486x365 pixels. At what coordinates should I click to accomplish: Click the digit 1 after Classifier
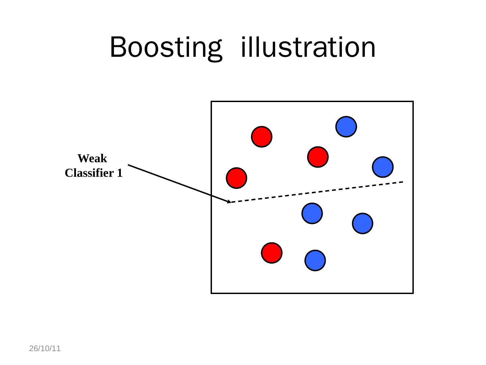coord(119,173)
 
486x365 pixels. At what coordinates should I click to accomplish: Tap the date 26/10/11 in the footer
coord(45,348)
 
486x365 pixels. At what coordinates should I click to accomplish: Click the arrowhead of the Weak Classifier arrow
coord(229,202)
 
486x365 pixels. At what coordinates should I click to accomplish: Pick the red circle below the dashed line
coord(272,253)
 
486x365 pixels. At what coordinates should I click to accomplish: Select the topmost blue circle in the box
coord(346,127)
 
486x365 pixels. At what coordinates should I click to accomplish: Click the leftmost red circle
coord(237,178)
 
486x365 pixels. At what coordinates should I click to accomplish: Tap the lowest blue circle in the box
coord(315,261)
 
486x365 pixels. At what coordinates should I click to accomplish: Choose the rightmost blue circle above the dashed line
coord(383,167)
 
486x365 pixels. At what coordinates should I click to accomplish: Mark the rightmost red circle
coord(318,157)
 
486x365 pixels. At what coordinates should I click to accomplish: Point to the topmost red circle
coord(262,137)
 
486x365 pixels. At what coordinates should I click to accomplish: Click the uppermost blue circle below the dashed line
coord(312,213)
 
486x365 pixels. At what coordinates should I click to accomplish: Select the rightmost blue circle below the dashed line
coord(362,223)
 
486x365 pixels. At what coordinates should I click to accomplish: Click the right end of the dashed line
coord(403,182)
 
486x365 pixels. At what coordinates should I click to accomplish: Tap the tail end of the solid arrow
coord(129,165)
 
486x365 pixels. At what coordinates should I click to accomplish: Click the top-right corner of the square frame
coord(413,101)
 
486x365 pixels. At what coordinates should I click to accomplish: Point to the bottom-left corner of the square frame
coord(212,293)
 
